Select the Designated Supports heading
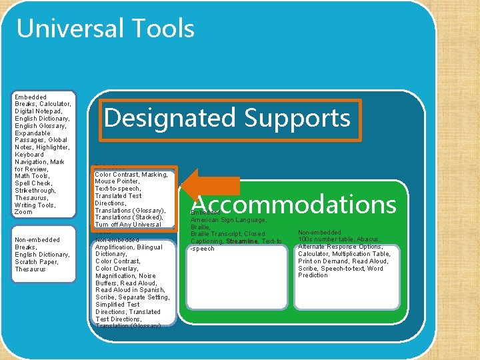227,118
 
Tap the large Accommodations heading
294,203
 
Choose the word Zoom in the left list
23,212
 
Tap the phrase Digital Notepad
39,111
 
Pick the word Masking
155,175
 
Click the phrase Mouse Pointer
117,181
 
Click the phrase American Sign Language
229,220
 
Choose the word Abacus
367,239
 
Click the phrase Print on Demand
325,261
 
